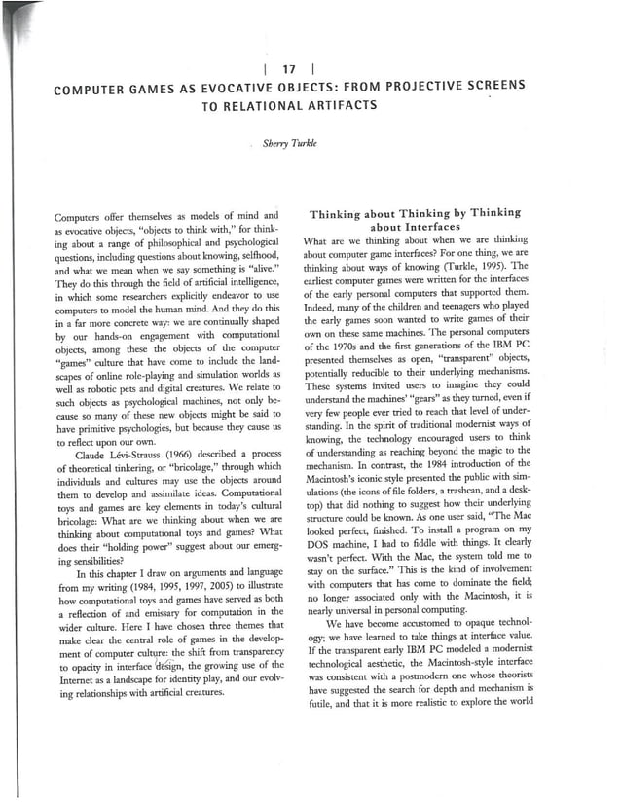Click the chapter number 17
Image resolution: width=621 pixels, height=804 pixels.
[x=288, y=68]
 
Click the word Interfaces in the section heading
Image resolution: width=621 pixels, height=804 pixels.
[x=414, y=228]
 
